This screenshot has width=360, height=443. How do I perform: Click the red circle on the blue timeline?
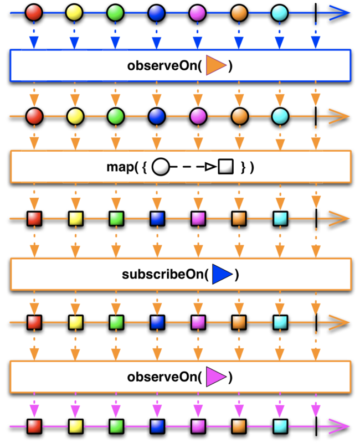point(34,11)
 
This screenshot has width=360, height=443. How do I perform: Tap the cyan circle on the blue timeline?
point(280,11)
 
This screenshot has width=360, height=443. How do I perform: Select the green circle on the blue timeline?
point(116,11)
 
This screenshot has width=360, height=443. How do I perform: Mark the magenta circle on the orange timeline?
point(198,116)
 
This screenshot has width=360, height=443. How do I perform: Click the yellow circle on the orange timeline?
point(75,116)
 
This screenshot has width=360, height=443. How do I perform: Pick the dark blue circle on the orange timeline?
point(157,116)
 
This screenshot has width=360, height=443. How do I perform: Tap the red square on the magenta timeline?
point(34,426)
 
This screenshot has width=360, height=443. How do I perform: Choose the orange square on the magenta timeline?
point(239,426)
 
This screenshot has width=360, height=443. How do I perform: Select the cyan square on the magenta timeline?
point(280,426)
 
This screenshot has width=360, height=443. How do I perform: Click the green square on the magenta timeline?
point(116,426)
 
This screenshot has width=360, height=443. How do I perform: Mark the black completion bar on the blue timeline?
point(315,11)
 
